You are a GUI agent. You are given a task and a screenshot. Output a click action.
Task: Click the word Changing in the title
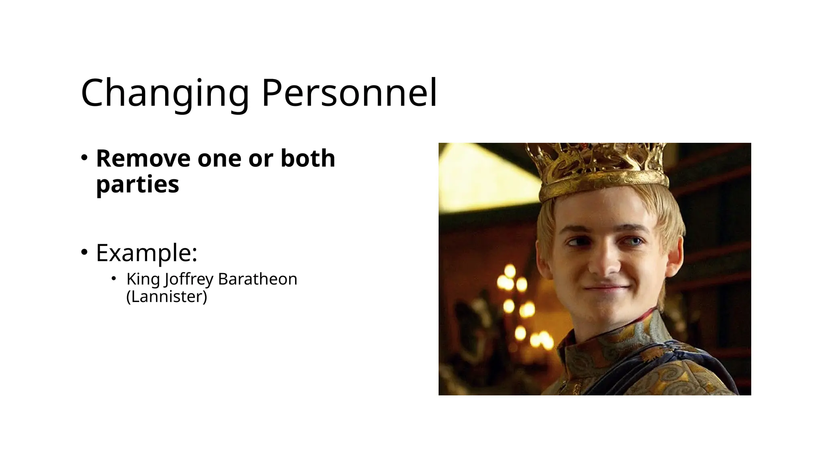[165, 93]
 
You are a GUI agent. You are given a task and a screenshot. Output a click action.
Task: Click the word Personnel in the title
[349, 93]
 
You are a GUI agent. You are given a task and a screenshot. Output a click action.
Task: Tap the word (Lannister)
[167, 296]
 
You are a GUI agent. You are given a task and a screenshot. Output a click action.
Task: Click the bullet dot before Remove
[84, 158]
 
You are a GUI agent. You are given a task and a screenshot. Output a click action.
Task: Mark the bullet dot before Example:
[84, 252]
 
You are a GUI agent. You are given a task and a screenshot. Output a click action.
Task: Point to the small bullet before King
[114, 278]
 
